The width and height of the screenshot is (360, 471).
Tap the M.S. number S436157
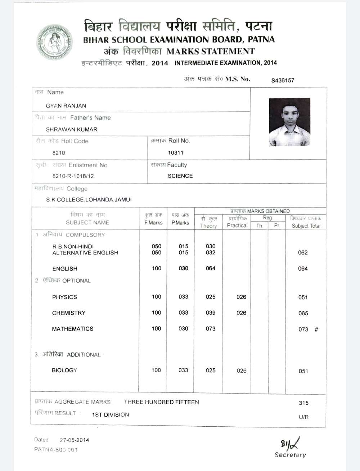click(283, 80)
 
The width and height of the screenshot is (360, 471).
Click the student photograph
click(289, 122)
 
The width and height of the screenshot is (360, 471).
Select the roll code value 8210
click(59, 153)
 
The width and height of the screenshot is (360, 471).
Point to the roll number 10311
click(176, 153)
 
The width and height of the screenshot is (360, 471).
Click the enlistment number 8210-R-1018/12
click(73, 176)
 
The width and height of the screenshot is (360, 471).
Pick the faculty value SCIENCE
click(180, 176)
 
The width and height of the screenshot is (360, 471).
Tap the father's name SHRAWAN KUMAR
click(71, 129)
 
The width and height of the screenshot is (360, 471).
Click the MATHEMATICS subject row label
click(72, 329)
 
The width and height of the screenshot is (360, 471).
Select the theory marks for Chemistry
click(211, 313)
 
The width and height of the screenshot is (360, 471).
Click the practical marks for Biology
click(242, 370)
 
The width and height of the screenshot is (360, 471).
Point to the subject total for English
click(303, 268)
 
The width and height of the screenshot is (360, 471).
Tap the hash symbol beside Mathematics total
click(316, 329)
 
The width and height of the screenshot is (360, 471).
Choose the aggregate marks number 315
click(303, 403)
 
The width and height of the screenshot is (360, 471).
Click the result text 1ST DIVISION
click(110, 415)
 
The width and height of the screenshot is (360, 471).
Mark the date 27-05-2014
click(74, 440)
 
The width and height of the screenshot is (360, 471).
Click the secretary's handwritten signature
click(290, 444)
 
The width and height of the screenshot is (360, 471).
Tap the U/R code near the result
click(303, 417)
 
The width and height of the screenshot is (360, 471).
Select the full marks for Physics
click(156, 297)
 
